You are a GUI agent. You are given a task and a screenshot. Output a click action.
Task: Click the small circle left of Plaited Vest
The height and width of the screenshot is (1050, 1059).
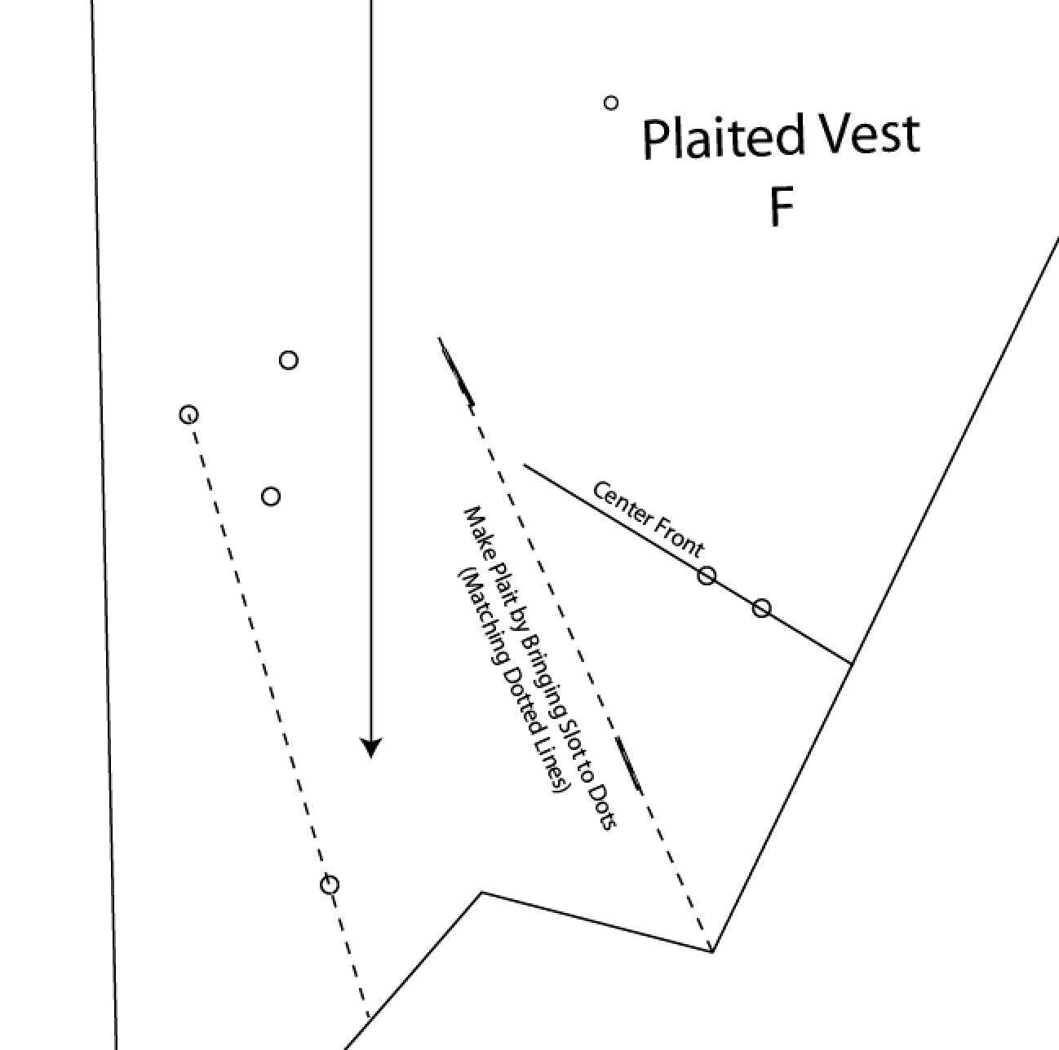pos(610,103)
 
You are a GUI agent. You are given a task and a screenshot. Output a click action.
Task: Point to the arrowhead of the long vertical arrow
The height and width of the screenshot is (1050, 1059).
pos(371,747)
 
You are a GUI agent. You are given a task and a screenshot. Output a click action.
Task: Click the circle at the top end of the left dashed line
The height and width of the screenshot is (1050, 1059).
pos(188,415)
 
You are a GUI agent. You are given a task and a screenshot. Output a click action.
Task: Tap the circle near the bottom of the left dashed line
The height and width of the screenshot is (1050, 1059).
pos(330,885)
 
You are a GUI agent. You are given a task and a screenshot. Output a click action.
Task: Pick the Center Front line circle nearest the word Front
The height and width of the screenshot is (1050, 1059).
pos(707,576)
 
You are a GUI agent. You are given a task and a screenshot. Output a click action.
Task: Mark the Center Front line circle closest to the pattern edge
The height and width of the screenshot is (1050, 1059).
pos(761,608)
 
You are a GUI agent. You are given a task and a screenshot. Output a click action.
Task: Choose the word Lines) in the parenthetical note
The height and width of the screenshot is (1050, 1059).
pos(552,765)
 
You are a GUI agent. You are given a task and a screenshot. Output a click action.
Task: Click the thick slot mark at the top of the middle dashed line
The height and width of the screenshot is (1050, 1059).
pos(457,371)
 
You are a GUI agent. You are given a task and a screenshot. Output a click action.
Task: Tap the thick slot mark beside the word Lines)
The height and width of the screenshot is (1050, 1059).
pos(628,764)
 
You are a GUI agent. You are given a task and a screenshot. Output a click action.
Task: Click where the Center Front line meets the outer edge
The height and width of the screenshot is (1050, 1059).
pos(852,664)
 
